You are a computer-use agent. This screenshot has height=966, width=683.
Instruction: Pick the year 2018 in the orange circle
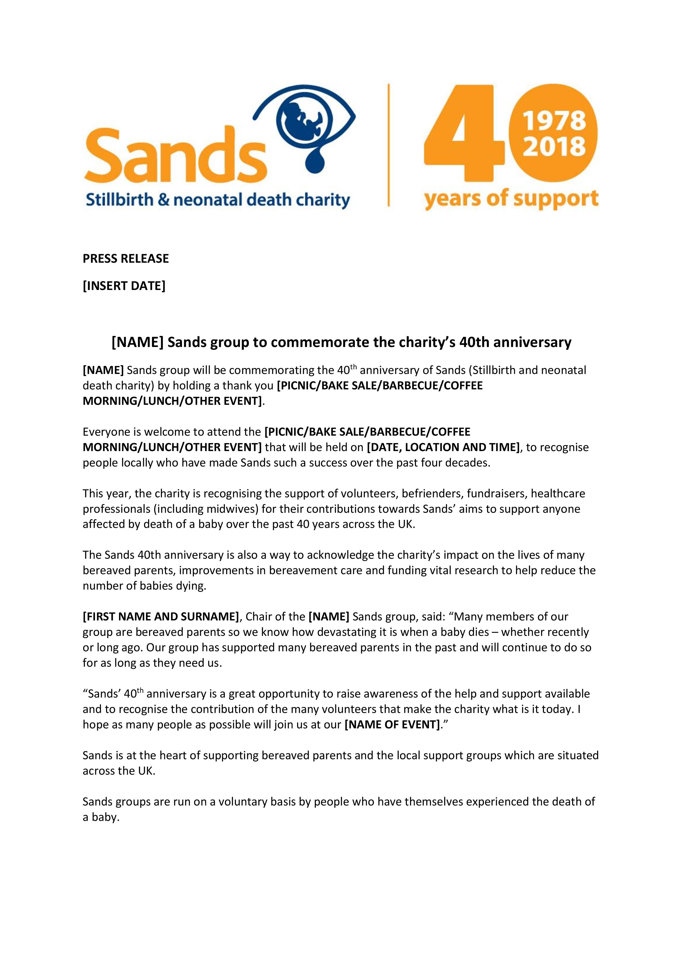[x=553, y=147]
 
